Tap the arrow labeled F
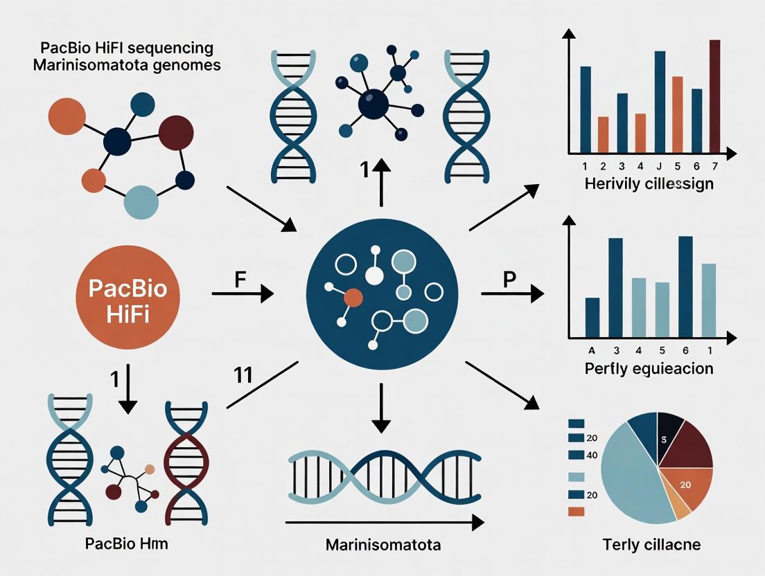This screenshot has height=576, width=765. pos(242,294)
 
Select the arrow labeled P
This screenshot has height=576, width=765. pos(511,294)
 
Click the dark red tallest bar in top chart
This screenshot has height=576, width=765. pos(715,96)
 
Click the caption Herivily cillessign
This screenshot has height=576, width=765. pos(649,184)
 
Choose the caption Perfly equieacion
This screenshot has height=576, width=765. pos(649,368)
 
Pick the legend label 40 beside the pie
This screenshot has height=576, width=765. pos(592,455)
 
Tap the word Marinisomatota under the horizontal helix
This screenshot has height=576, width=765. pos(383,545)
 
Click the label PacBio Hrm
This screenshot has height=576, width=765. pos(126,543)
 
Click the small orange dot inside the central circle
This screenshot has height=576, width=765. pos(353,298)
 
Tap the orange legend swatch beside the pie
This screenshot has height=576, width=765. pos(576,512)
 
